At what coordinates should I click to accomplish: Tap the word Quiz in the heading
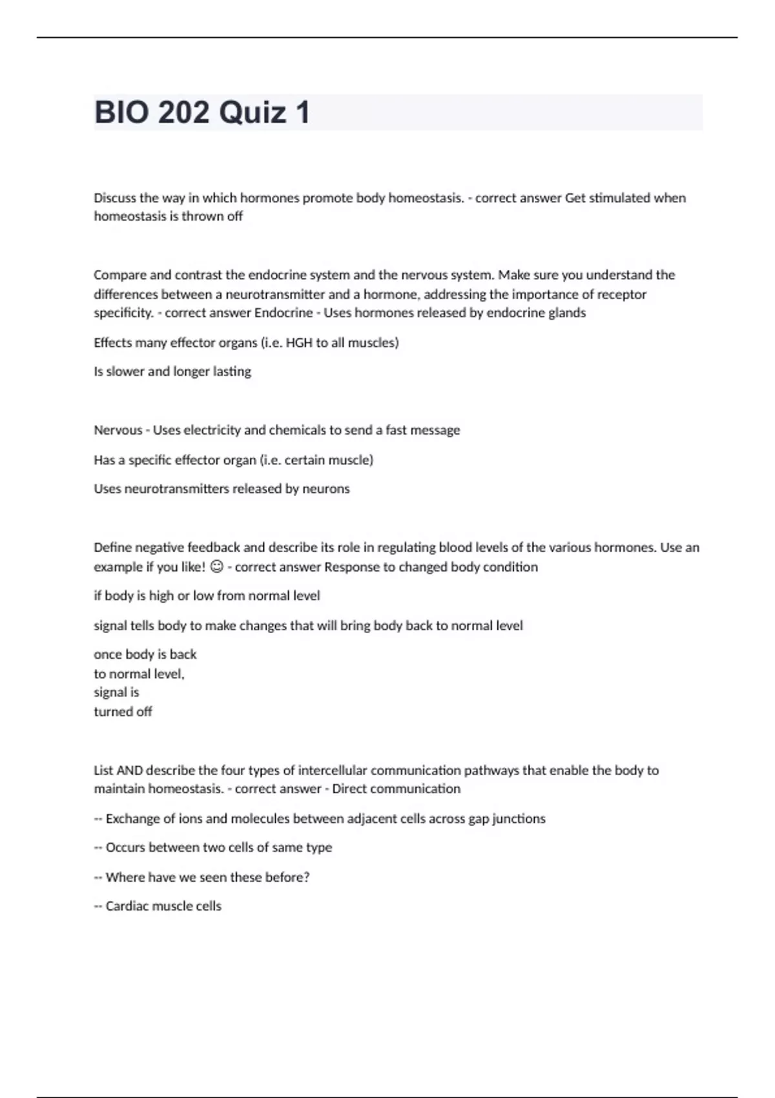coord(253,112)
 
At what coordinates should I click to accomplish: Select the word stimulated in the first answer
coord(619,198)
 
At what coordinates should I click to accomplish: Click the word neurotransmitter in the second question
coord(275,295)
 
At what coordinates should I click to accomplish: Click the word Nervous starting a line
coord(118,430)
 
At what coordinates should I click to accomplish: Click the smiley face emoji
coord(217,567)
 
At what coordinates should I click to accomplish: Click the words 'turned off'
coord(123,712)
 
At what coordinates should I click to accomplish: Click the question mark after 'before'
coord(307,877)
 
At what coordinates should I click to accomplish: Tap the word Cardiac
coord(127,906)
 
